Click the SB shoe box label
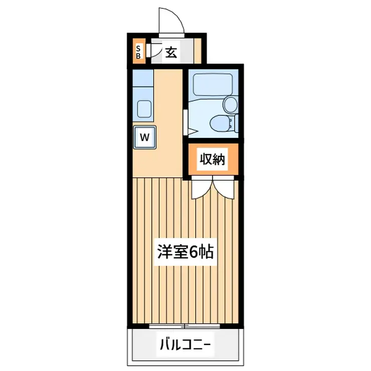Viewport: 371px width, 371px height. pyautogui.click(x=138, y=52)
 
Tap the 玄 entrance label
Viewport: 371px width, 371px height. pyautogui.click(x=171, y=53)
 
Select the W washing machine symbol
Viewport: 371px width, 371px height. pyautogui.click(x=144, y=137)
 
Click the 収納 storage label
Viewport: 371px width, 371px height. pyautogui.click(x=212, y=159)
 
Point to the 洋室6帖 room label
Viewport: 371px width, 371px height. pyautogui.click(x=185, y=252)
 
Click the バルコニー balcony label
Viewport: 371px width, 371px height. pyautogui.click(x=185, y=344)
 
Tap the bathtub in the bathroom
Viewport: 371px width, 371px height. pyautogui.click(x=213, y=85)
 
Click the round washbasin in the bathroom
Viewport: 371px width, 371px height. pyautogui.click(x=231, y=104)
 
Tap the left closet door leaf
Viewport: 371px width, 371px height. pyautogui.click(x=202, y=188)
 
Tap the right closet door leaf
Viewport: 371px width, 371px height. pyautogui.click(x=224, y=188)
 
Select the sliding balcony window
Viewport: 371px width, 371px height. pyautogui.click(x=185, y=326)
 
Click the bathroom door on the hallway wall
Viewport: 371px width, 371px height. pyautogui.click(x=186, y=122)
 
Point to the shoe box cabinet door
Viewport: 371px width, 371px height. pyautogui.click(x=148, y=51)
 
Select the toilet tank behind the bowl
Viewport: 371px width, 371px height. pyautogui.click(x=236, y=123)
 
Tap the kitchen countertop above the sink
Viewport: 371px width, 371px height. pyautogui.click(x=142, y=78)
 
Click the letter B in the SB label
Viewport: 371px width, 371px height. pyautogui.click(x=138, y=56)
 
